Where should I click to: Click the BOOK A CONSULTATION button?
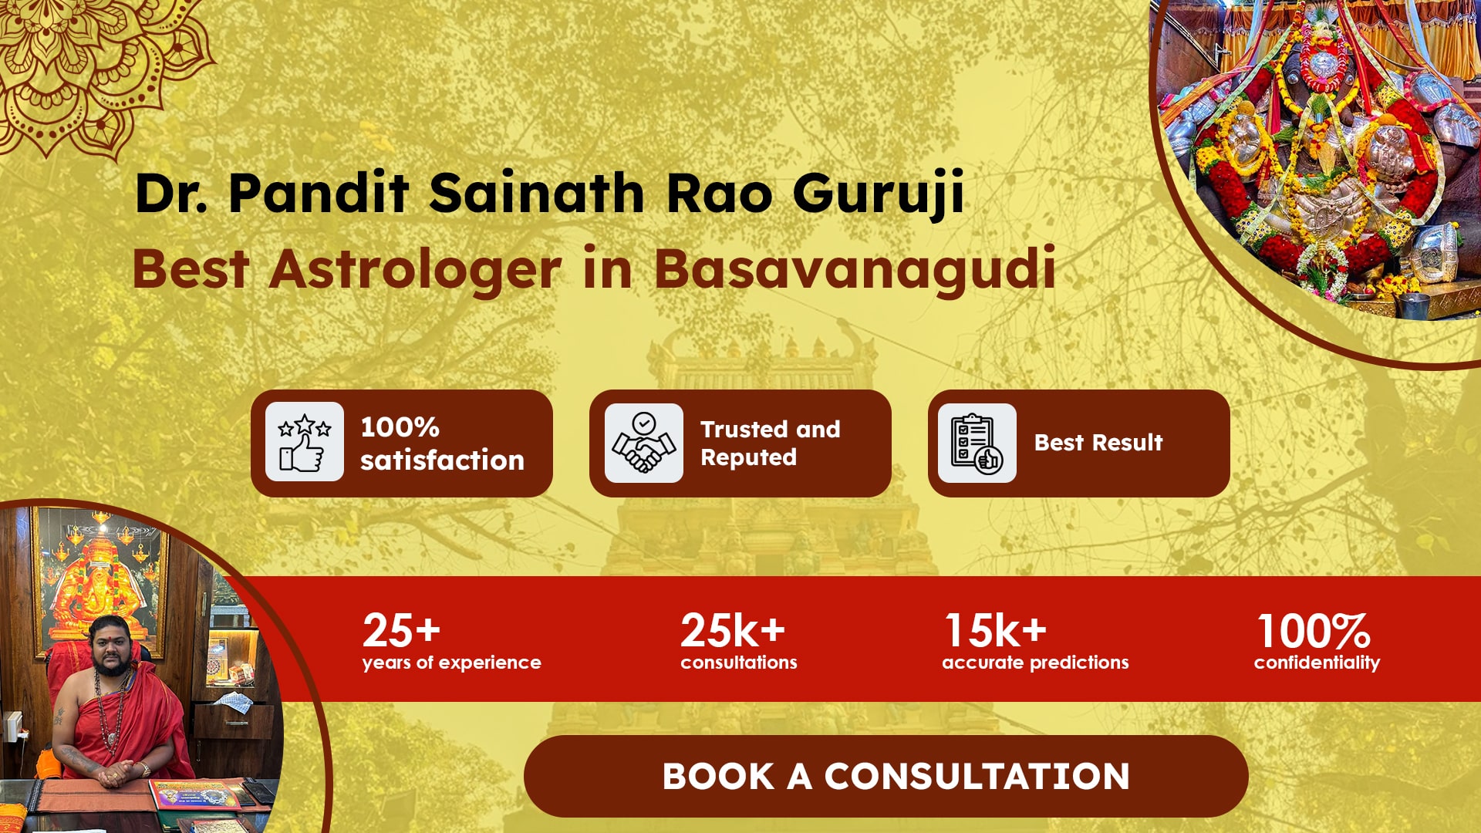(886, 776)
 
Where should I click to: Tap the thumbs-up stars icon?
(305, 442)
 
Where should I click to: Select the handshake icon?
(643, 443)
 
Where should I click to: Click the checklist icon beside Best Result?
(977, 443)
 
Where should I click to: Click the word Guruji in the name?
(879, 193)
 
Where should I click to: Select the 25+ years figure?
(401, 630)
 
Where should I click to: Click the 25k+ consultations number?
(733, 630)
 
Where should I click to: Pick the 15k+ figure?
(996, 630)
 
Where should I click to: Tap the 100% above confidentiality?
(1314, 630)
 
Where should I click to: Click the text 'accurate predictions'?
(1035, 663)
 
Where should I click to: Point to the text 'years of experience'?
(452, 663)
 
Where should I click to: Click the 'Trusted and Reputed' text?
(770, 443)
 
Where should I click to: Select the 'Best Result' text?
(1098, 443)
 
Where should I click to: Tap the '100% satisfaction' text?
(442, 443)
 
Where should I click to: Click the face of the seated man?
(110, 644)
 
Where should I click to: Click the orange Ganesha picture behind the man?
(100, 586)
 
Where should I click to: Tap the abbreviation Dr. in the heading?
(171, 193)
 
